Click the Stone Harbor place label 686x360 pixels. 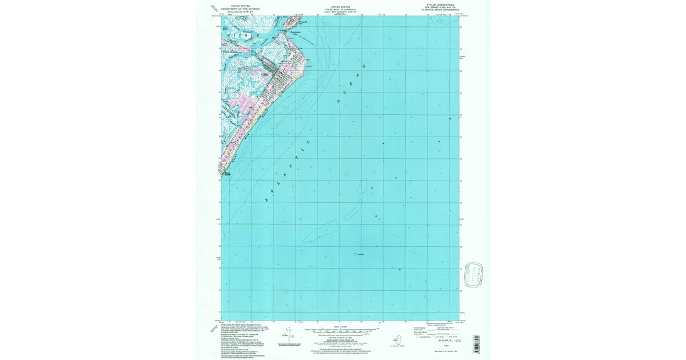click(227, 173)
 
